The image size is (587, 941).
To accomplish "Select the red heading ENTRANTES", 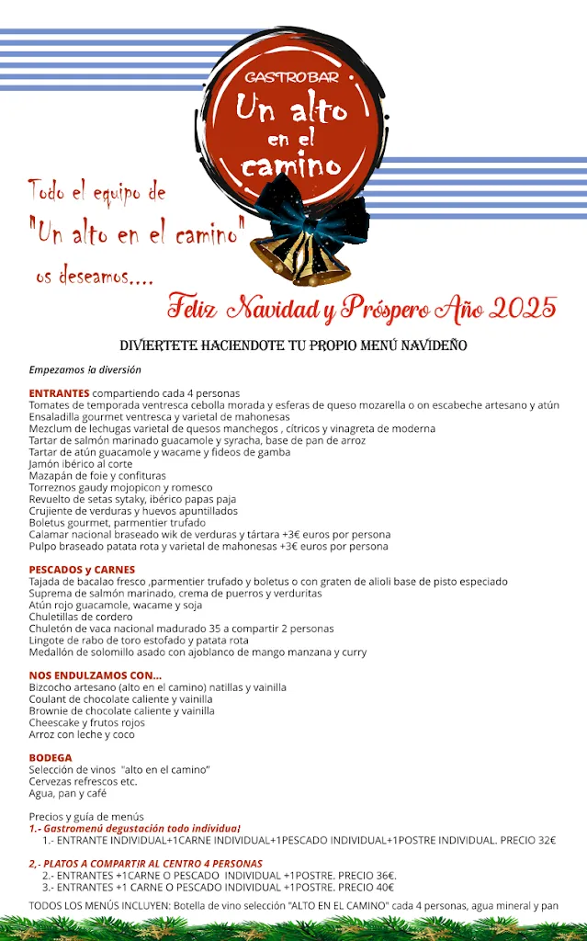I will [59, 393].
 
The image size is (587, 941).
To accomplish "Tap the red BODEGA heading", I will [51, 757].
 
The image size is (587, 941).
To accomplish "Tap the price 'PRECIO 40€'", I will [366, 888].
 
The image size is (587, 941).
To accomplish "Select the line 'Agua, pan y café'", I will [68, 792].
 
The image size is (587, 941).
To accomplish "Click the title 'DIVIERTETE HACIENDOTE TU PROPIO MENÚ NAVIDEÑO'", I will [294, 346].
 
